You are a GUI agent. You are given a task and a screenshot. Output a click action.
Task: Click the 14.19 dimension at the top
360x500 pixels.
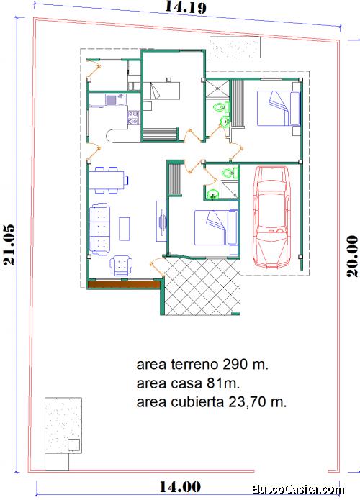click(x=186, y=7)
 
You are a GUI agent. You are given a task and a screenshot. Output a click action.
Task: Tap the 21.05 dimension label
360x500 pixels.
click(x=9, y=245)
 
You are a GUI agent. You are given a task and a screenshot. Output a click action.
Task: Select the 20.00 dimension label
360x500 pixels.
click(x=352, y=256)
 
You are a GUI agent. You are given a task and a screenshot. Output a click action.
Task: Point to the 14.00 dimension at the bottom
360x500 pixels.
click(x=180, y=487)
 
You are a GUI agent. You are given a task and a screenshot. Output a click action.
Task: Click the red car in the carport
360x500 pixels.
click(x=271, y=217)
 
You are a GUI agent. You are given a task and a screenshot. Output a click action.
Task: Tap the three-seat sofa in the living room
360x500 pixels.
click(x=100, y=229)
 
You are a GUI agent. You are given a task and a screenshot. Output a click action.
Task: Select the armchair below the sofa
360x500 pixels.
click(x=121, y=265)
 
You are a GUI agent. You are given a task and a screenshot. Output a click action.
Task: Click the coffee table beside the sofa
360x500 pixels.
click(x=125, y=229)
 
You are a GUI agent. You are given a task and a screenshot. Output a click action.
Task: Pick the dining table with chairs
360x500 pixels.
click(x=109, y=181)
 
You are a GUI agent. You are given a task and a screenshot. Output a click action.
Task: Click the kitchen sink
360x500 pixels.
click(x=116, y=100)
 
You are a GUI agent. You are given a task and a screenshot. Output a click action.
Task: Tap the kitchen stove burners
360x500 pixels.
click(x=133, y=117)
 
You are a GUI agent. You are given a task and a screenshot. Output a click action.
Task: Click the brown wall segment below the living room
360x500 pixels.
click(x=124, y=284)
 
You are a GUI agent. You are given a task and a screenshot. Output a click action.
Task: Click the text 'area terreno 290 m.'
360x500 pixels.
click(x=202, y=364)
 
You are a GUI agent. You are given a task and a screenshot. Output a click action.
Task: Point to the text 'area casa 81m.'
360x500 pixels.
click(x=188, y=383)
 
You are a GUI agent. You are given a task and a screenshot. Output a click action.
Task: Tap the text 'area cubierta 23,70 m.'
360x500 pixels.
click(x=211, y=402)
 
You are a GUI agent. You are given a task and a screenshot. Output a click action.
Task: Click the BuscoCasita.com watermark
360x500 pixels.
click(x=298, y=489)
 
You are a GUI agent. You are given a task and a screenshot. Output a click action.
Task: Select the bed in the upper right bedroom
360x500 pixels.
click(x=279, y=109)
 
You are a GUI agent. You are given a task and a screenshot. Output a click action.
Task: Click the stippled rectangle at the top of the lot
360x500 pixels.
click(x=235, y=47)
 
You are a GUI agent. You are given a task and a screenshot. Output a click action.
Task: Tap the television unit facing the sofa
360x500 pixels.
click(x=161, y=221)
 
